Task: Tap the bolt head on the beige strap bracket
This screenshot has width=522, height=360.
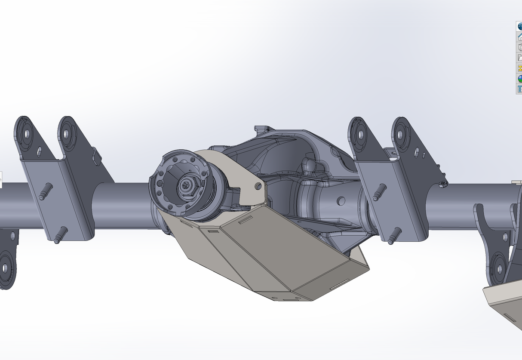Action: [x=258, y=186]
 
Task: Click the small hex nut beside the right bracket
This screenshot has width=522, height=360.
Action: [x=443, y=184]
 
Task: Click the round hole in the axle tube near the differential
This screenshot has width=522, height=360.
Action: [x=341, y=201]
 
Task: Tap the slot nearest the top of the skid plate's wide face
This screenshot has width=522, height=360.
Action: [x=246, y=219]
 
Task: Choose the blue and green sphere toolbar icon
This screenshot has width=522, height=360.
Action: [x=519, y=78]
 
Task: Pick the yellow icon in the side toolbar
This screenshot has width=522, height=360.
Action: [x=519, y=68]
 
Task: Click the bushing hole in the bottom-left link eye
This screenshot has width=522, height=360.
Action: [x=6, y=268]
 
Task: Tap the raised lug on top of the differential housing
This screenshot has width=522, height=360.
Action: [x=261, y=129]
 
